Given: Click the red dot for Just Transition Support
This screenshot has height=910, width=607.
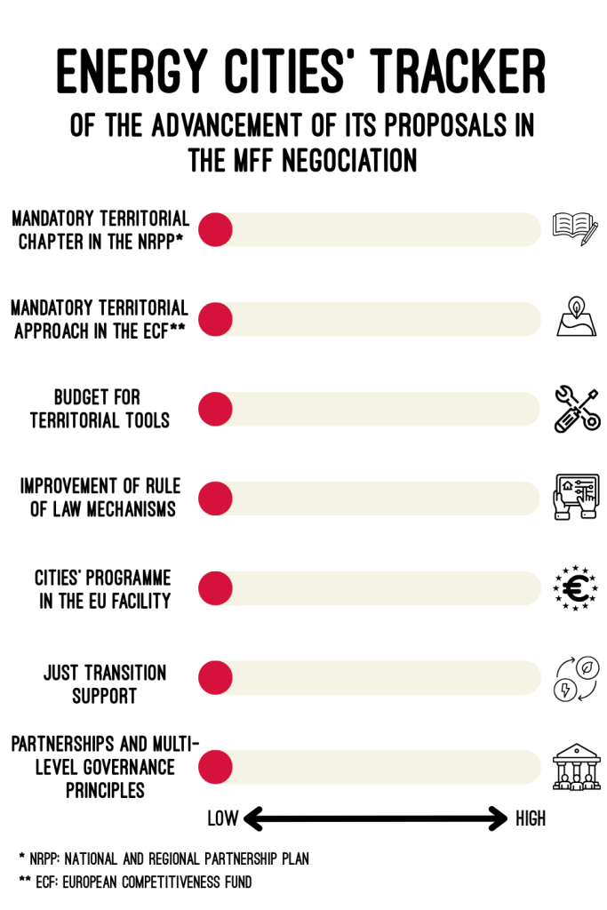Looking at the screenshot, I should click(215, 678).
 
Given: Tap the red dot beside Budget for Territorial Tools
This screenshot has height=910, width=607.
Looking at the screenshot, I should click(215, 409).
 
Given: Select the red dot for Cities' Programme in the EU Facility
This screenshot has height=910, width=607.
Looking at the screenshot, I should click(215, 588).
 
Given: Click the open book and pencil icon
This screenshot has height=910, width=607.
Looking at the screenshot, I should click(575, 228).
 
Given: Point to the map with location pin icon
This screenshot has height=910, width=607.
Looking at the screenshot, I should click(576, 317).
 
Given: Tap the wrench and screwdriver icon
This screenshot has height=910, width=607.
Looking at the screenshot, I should click(576, 409).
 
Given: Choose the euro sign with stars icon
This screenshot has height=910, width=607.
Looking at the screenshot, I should click(576, 587).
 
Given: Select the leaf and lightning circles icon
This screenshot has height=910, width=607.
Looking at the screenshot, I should click(576, 679).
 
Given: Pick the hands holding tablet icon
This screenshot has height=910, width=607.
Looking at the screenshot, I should click(576, 497).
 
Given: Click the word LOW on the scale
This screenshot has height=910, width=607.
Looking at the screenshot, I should click(222, 818).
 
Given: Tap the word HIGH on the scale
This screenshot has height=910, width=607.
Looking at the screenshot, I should click(531, 818).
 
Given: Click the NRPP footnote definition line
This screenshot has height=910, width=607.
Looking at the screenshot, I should click(164, 859).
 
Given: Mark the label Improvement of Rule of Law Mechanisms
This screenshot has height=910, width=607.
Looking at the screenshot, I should click(100, 498).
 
